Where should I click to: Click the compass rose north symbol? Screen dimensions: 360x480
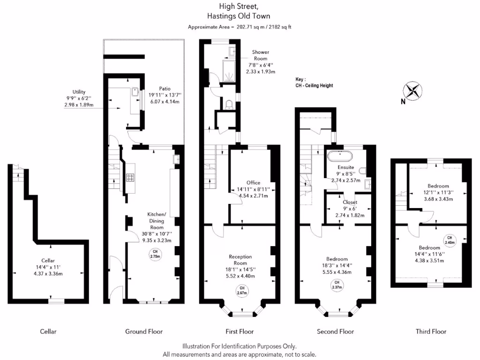click(412, 90)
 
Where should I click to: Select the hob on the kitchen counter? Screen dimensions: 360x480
click(130, 177)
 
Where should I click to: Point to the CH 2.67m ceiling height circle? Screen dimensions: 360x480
click(242, 291)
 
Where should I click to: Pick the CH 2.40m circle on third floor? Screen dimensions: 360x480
click(449, 241)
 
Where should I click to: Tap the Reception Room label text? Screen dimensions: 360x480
click(240, 260)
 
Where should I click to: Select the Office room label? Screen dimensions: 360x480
click(253, 183)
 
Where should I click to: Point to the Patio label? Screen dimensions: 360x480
click(165, 88)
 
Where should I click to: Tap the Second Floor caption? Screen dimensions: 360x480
click(335, 331)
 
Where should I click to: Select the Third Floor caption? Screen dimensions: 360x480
click(431, 331)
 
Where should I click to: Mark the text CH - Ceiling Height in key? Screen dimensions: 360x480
click(314, 86)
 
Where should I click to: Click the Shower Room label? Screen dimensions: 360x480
click(261, 55)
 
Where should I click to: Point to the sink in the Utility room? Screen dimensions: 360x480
click(135, 91)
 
